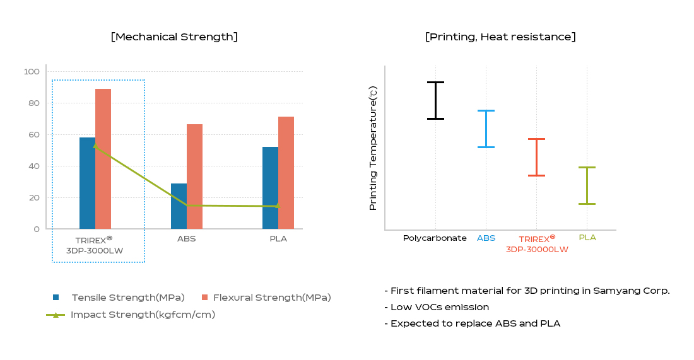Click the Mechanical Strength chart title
[x=174, y=37]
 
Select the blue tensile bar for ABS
[x=179, y=206]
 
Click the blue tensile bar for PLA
[x=270, y=188]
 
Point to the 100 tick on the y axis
[x=32, y=72]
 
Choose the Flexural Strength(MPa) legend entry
[x=271, y=298]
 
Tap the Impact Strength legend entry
[x=143, y=315]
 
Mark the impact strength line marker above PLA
[x=277, y=206]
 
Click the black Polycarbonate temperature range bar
[x=435, y=100]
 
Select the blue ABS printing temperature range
[x=486, y=129]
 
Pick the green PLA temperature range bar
[x=587, y=185]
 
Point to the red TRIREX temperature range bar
[x=536, y=157]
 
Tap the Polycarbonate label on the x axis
[x=435, y=238]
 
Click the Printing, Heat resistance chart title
[x=500, y=37]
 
